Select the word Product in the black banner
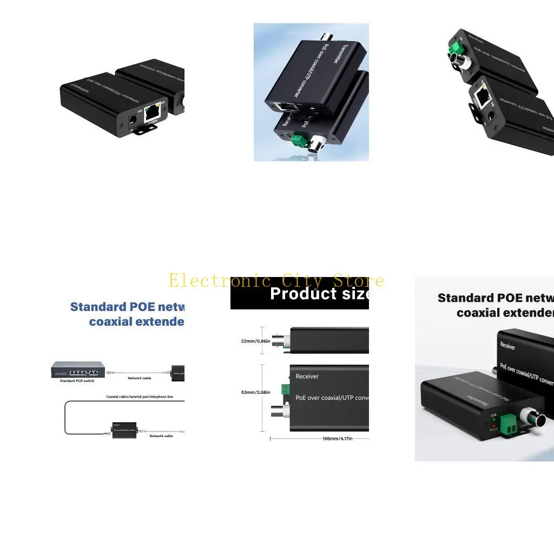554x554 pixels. tap(295, 294)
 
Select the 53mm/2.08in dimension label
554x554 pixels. tap(255, 392)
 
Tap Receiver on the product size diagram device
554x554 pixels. tap(307, 377)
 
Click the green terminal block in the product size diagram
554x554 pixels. tap(285, 388)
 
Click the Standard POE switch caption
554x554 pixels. tap(77, 381)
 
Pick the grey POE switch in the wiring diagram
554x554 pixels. tap(77, 370)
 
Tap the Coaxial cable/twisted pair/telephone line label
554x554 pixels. tap(140, 397)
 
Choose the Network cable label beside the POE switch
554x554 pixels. tap(140, 378)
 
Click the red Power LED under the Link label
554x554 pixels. tap(494, 425)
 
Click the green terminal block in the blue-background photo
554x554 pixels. tap(298, 141)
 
